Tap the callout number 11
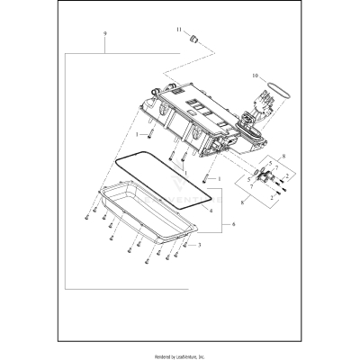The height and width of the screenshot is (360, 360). click(178, 30)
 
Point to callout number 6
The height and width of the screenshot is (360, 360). click(234, 222)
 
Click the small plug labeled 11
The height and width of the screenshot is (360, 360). click(192, 40)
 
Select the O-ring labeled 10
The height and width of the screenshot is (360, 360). click(281, 90)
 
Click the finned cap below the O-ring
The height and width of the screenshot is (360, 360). click(267, 108)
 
